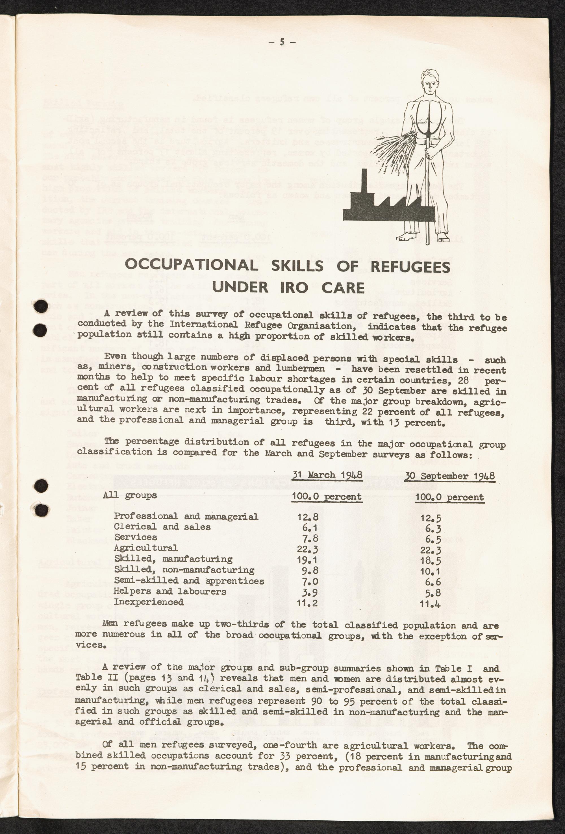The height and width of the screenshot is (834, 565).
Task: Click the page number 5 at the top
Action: (x=282, y=42)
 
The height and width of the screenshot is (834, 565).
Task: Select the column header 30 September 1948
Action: (x=450, y=476)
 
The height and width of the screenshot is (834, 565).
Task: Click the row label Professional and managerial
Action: (x=186, y=517)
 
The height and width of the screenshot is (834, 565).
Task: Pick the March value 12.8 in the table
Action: (x=307, y=517)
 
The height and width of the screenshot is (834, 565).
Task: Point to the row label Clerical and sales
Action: (x=162, y=527)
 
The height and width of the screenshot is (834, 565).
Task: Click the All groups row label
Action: (x=130, y=496)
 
